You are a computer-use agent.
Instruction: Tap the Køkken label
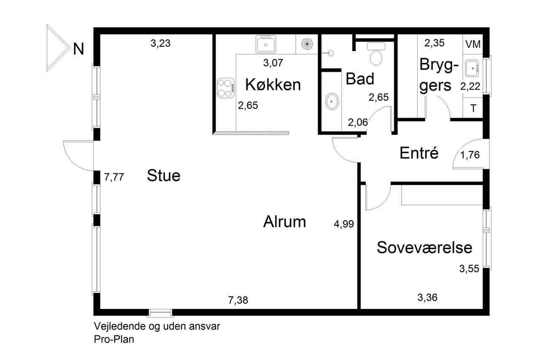(x=273, y=85)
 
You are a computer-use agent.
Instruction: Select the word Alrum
(x=284, y=222)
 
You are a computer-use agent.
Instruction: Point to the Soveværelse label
(x=424, y=247)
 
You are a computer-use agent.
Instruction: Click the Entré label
(x=419, y=153)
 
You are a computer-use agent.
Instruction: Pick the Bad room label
(x=360, y=78)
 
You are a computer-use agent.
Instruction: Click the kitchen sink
(x=266, y=44)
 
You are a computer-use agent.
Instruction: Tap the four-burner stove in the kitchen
(x=226, y=88)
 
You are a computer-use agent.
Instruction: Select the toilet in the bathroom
(x=376, y=54)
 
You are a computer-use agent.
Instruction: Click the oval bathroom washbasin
(x=332, y=102)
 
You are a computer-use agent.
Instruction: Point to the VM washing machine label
(x=473, y=44)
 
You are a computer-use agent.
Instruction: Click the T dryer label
(x=473, y=108)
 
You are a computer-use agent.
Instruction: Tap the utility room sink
(x=472, y=68)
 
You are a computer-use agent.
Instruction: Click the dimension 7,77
(x=114, y=177)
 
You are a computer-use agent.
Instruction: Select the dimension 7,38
(x=238, y=300)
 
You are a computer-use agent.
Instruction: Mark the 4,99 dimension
(x=344, y=224)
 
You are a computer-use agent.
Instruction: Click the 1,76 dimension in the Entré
(x=470, y=155)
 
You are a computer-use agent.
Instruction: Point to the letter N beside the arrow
(x=78, y=49)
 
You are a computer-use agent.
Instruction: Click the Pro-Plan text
(x=114, y=339)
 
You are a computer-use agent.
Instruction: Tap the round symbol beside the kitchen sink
(x=307, y=44)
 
